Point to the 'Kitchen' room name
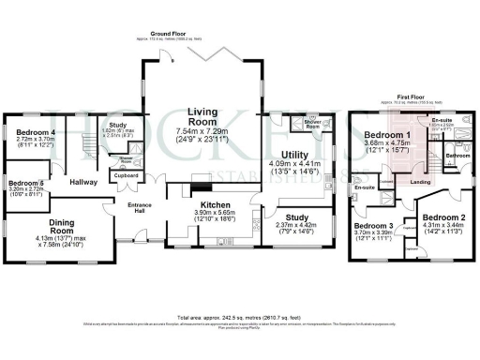click(x=206, y=203)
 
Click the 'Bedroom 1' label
click(x=385, y=135)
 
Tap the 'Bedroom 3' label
click(x=373, y=227)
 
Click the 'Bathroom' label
click(x=457, y=155)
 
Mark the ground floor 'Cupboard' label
click(x=126, y=175)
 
